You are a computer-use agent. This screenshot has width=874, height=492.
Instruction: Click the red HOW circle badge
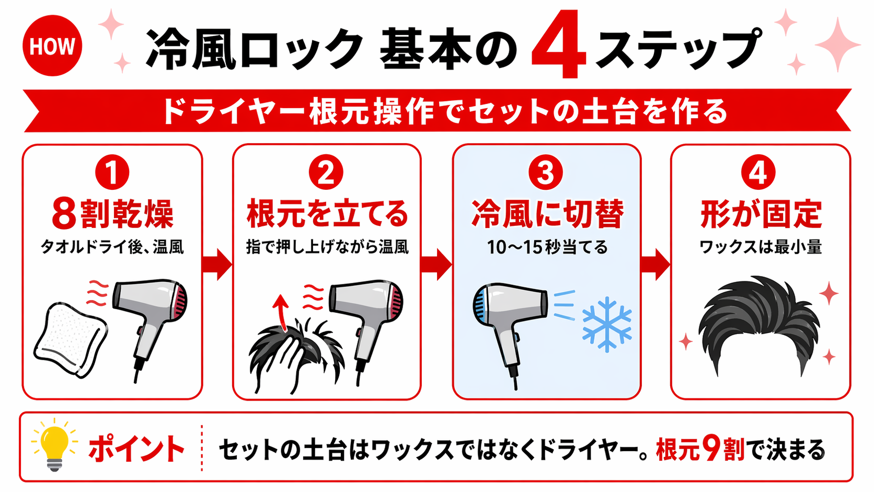click(x=52, y=46)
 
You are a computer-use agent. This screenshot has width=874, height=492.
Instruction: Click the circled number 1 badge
click(x=112, y=173)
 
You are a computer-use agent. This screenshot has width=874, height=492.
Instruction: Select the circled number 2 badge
click(x=326, y=173)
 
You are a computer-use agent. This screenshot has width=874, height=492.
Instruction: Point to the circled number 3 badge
click(x=545, y=173)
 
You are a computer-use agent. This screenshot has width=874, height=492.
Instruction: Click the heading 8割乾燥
click(x=112, y=214)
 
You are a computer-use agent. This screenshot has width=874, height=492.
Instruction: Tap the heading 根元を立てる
click(x=327, y=214)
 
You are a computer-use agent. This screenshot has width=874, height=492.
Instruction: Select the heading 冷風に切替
click(x=547, y=214)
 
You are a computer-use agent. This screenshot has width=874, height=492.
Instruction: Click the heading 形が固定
click(x=761, y=214)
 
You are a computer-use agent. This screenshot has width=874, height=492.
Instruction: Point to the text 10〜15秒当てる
click(x=547, y=247)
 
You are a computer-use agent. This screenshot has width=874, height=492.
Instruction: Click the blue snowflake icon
click(x=606, y=324)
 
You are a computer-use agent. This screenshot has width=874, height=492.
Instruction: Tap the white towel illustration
click(x=71, y=339)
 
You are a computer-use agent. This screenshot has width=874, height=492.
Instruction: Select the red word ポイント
click(x=136, y=449)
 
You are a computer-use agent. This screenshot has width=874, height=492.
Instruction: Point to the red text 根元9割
click(x=700, y=449)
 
